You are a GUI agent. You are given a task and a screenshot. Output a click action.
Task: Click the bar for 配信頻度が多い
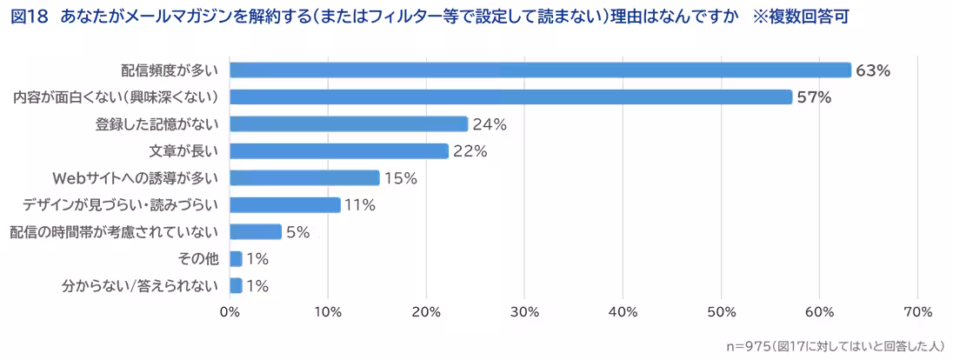click(539, 70)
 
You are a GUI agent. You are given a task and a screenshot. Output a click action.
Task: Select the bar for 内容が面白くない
click(510, 97)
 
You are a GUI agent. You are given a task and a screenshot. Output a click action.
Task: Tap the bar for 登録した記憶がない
click(349, 124)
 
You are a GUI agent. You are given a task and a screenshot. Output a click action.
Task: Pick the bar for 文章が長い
click(339, 151)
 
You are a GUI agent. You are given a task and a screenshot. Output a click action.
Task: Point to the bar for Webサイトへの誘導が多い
click(304, 178)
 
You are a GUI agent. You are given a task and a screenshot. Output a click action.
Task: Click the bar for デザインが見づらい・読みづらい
click(284, 205)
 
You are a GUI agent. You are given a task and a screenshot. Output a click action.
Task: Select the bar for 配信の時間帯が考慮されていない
click(256, 232)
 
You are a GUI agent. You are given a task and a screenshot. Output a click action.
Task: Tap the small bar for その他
click(236, 259)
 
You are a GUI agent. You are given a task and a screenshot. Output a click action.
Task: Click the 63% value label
click(873, 71)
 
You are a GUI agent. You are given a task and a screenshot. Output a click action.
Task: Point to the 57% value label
click(814, 97)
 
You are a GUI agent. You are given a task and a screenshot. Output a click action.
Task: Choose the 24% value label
click(490, 124)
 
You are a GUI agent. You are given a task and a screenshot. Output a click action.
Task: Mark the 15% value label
click(401, 178)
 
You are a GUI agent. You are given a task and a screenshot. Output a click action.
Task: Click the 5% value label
click(298, 232)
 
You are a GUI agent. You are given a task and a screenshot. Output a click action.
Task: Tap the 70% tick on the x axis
click(918, 312)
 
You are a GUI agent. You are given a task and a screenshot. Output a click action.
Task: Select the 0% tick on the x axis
click(230, 312)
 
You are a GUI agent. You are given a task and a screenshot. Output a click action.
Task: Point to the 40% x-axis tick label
click(623, 312)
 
